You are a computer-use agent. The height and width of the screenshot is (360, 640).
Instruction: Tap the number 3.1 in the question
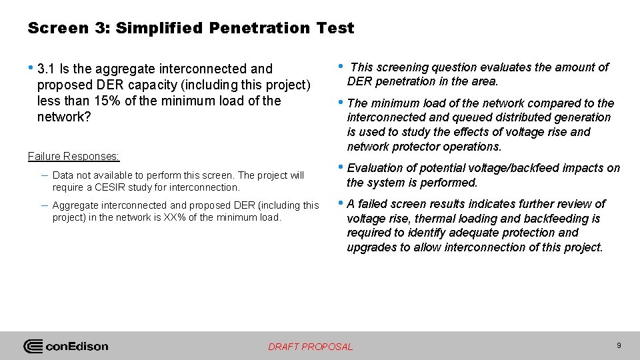(47, 69)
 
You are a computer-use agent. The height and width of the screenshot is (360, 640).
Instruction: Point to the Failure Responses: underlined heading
(73, 156)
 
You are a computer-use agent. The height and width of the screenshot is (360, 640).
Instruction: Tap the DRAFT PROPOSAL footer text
(310, 347)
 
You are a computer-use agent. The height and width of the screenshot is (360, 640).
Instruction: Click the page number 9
(619, 345)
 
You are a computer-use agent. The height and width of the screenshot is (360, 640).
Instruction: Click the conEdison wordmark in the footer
(77, 347)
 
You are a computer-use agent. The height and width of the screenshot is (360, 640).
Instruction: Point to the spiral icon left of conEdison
(33, 347)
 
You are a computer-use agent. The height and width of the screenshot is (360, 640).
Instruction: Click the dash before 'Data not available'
(43, 175)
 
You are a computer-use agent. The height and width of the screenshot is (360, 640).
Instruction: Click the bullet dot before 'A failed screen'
(341, 203)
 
